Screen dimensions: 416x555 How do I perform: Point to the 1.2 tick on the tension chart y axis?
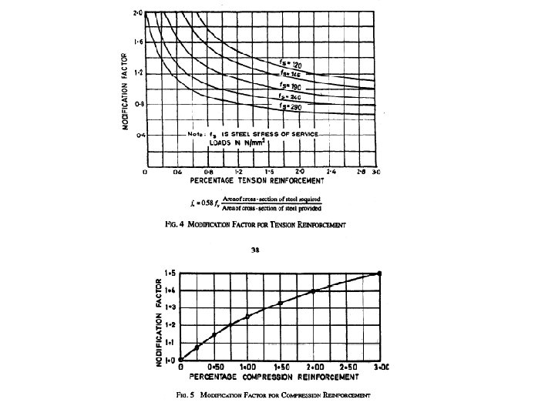click(138, 72)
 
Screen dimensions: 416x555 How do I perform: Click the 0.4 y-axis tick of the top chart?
click(138, 135)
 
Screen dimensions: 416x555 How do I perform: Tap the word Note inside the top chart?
click(197, 135)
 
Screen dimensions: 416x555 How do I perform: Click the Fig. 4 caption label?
click(177, 224)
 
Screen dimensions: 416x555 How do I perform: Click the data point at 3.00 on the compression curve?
click(378, 273)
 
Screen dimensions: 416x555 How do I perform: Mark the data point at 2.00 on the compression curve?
click(313, 291)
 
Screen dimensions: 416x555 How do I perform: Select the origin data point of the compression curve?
click(180, 359)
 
